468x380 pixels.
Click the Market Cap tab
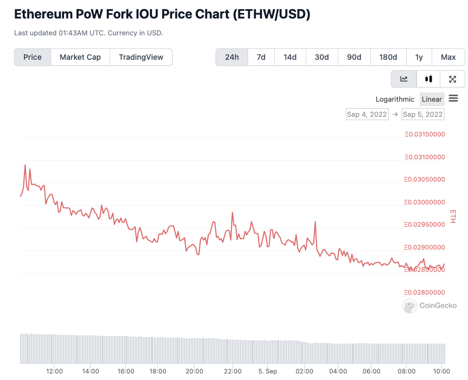pos(80,57)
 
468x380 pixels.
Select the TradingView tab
pos(141,57)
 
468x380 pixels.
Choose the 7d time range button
pos(261,57)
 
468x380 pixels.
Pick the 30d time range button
pos(321,57)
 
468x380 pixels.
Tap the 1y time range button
pos(419,57)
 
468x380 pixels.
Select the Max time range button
pos(448,57)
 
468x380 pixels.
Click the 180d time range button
pos(388,57)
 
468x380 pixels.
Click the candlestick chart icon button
pos(428,79)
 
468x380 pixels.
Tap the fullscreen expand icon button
pos(452,79)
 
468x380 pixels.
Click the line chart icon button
pos(404,79)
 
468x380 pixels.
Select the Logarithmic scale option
pos(395,99)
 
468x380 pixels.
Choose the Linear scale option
pos(432,99)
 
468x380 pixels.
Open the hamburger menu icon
pos(453,98)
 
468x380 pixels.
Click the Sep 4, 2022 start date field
pos(367,114)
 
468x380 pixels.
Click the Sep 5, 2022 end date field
pos(423,114)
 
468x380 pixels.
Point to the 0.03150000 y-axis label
pos(425,135)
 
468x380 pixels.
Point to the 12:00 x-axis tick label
pos(54,371)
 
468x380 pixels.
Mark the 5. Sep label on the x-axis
pos(268,371)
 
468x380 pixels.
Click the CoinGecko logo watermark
pos(429,306)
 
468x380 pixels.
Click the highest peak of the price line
pos(25,165)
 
